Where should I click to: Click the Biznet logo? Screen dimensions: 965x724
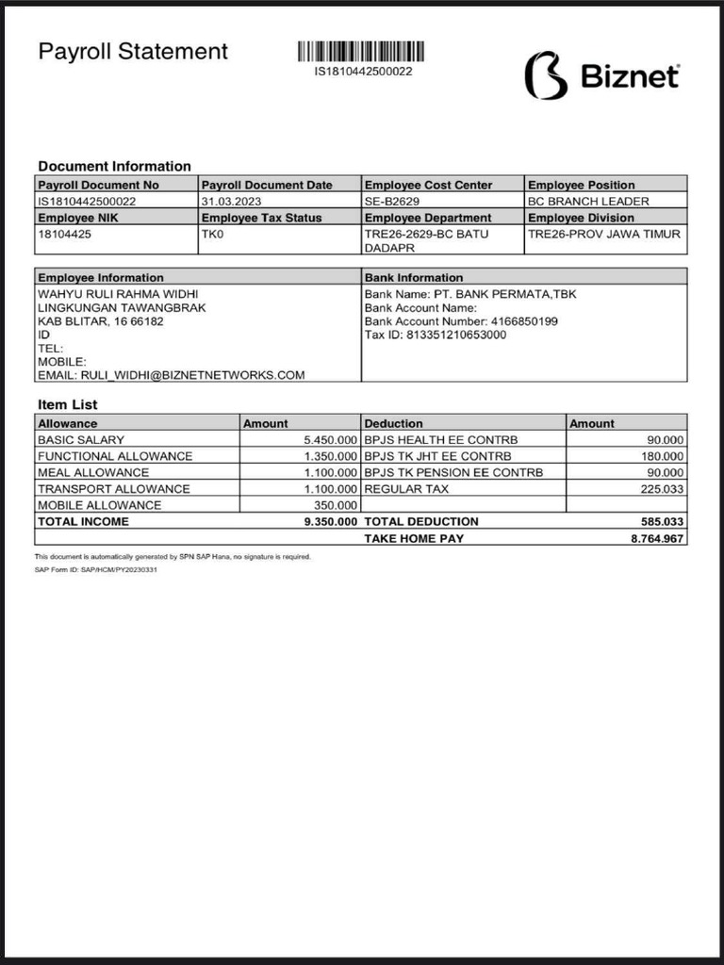click(601, 75)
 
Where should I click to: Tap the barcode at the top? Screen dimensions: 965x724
click(362, 52)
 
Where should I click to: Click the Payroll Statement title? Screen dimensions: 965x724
click(133, 51)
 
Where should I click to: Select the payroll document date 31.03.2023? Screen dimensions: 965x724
click(232, 202)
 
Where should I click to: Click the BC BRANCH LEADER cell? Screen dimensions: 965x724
click(588, 202)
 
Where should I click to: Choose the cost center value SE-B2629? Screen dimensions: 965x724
click(392, 202)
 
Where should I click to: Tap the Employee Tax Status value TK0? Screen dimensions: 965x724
click(212, 234)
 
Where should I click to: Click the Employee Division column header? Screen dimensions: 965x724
click(581, 218)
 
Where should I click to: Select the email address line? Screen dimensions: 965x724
click(171, 375)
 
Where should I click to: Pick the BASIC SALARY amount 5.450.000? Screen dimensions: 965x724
click(330, 440)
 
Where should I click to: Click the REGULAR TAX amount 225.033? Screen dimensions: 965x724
click(662, 489)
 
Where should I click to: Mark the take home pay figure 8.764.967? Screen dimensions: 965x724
click(657, 538)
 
